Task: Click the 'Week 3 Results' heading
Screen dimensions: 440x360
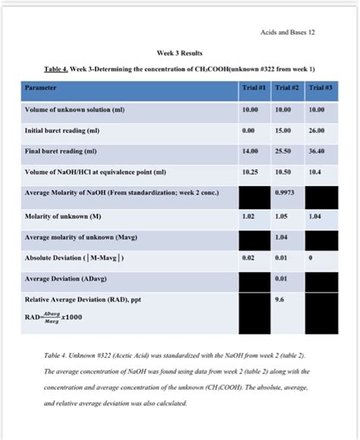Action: click(179, 53)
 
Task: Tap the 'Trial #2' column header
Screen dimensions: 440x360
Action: click(286, 88)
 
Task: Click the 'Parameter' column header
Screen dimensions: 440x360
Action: click(41, 88)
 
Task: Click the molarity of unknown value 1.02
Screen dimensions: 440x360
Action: click(248, 216)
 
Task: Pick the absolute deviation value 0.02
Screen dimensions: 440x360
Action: click(248, 258)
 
